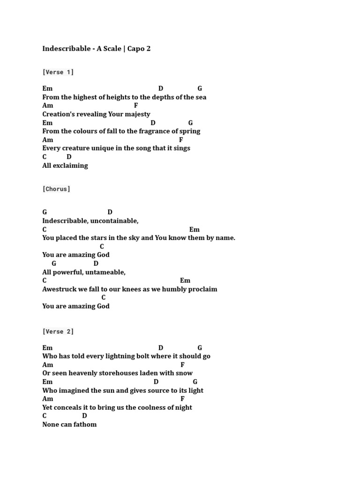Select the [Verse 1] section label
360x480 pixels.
tap(58, 72)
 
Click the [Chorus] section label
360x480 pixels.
tap(56, 189)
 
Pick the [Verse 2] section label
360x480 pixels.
tap(58, 331)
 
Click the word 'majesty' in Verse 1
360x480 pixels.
tap(138, 114)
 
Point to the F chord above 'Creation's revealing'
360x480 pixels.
tap(136, 106)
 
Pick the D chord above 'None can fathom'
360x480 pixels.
tap(85, 416)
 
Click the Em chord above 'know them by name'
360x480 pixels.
tap(195, 230)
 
